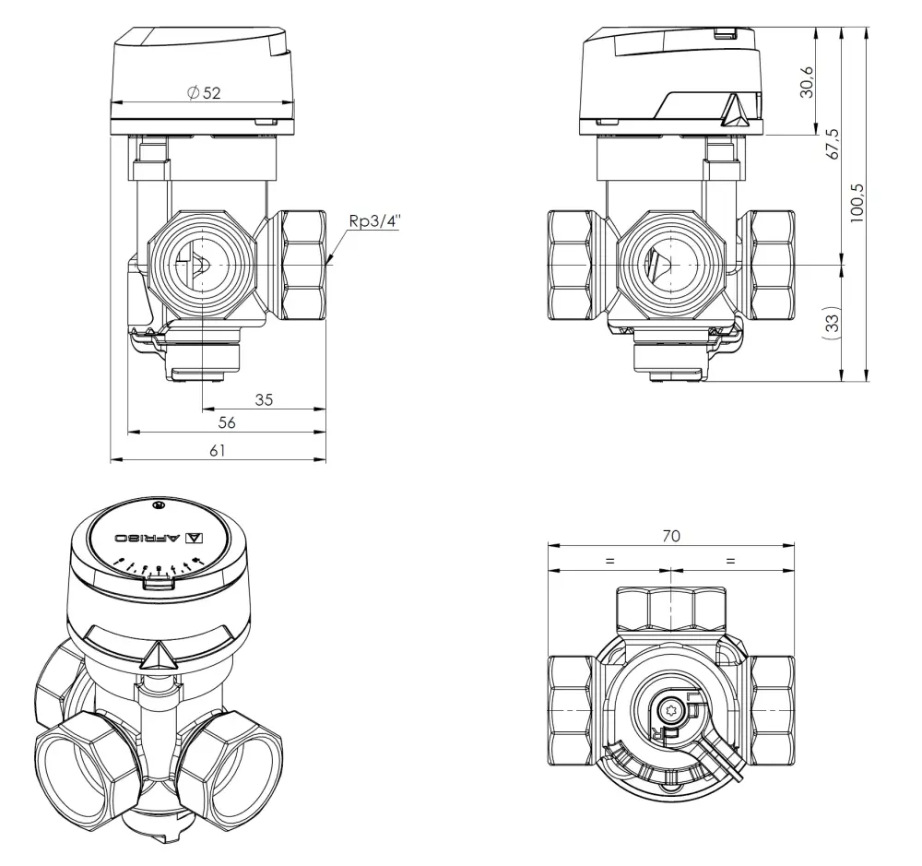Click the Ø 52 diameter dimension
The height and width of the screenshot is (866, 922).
pyautogui.click(x=204, y=93)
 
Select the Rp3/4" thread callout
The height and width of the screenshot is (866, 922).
pyautogui.click(x=374, y=220)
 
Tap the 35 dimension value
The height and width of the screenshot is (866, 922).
pyautogui.click(x=264, y=399)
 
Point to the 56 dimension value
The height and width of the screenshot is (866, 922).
pyautogui.click(x=226, y=422)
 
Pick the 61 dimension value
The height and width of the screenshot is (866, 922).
pyautogui.click(x=218, y=449)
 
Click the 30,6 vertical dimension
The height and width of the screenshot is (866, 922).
pyautogui.click(x=808, y=82)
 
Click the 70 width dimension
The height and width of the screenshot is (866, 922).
pyautogui.click(x=670, y=536)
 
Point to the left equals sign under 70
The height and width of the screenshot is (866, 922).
pyautogui.click(x=609, y=560)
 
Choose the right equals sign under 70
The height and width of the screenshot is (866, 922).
pyautogui.click(x=731, y=560)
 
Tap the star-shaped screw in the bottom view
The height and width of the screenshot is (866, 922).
pyautogui.click(x=671, y=709)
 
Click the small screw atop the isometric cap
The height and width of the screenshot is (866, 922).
pyautogui.click(x=159, y=504)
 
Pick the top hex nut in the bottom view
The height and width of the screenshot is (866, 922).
pyautogui.click(x=670, y=610)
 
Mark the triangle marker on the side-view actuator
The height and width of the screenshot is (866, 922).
pyautogui.click(x=735, y=113)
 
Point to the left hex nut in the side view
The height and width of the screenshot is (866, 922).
pyautogui.click(x=570, y=266)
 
